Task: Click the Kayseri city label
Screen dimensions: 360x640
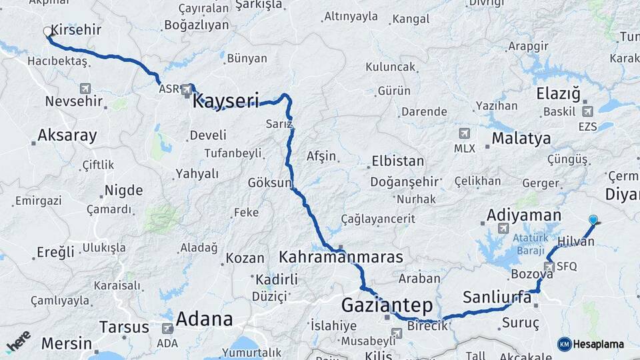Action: (x=225, y=101)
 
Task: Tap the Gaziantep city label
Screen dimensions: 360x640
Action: (x=387, y=305)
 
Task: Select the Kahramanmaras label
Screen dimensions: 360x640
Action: (x=341, y=257)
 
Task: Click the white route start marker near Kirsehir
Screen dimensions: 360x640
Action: (x=47, y=31)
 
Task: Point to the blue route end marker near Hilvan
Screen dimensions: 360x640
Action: (x=593, y=219)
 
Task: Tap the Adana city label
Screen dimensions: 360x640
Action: (x=204, y=318)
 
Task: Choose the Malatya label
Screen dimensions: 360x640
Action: (x=521, y=139)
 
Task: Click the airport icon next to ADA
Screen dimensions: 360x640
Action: (x=167, y=328)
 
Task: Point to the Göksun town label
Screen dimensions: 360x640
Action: (x=270, y=183)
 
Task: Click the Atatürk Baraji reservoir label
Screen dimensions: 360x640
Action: (x=531, y=242)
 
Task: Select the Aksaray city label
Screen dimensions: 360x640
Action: (x=67, y=136)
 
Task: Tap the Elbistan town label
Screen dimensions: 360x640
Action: (x=397, y=161)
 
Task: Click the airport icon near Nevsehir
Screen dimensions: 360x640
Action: (x=85, y=88)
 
